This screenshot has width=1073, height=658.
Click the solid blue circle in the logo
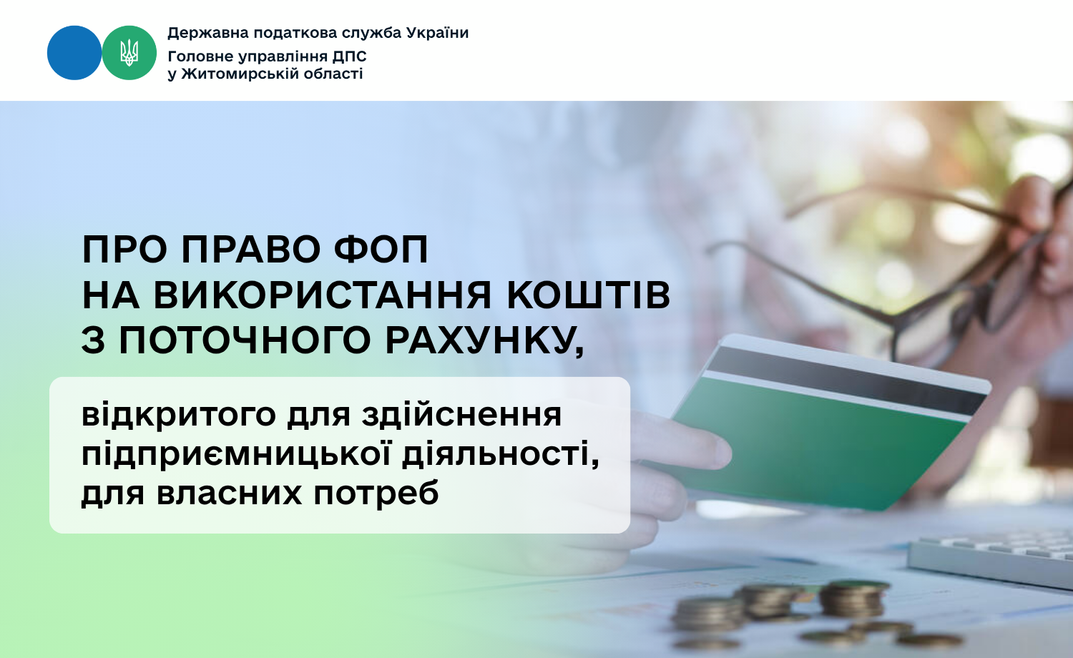point(74,53)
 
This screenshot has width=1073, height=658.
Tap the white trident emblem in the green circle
point(129,53)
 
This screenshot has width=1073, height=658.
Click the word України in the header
point(437,33)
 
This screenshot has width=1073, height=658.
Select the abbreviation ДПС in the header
point(349,57)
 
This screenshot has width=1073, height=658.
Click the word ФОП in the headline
point(381,250)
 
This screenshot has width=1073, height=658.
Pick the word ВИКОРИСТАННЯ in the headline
point(323,295)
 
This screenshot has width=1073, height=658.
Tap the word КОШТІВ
point(589,295)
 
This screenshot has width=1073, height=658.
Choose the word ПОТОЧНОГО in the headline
point(245,340)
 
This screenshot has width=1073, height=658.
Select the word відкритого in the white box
point(179,415)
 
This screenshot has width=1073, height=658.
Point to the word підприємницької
point(237,453)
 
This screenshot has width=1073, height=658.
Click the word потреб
point(376,493)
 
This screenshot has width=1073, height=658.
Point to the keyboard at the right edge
point(991,560)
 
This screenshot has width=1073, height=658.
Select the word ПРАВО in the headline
point(250,250)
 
